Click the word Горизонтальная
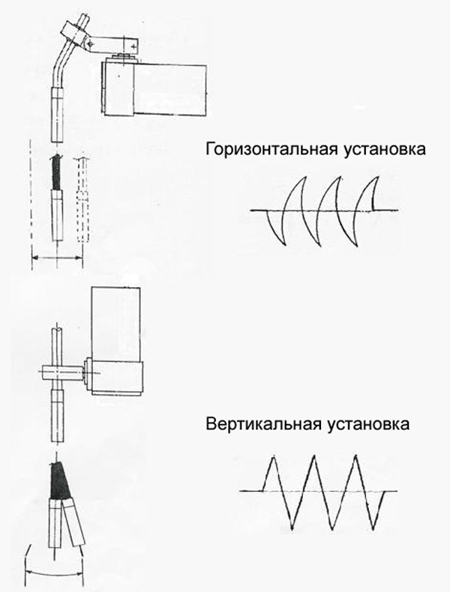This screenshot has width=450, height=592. [272, 149]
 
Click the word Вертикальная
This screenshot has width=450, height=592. [262, 423]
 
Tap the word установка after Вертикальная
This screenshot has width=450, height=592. [366, 424]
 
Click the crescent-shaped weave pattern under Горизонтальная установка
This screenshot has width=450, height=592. [324, 211]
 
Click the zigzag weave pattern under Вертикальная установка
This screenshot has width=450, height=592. [318, 491]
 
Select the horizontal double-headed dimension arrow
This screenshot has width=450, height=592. [57, 258]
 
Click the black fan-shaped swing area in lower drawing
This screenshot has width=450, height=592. [59, 480]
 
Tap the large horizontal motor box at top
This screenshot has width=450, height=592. [154, 88]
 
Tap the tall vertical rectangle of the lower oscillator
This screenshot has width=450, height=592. [115, 324]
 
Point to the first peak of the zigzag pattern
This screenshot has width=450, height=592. [273, 457]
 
